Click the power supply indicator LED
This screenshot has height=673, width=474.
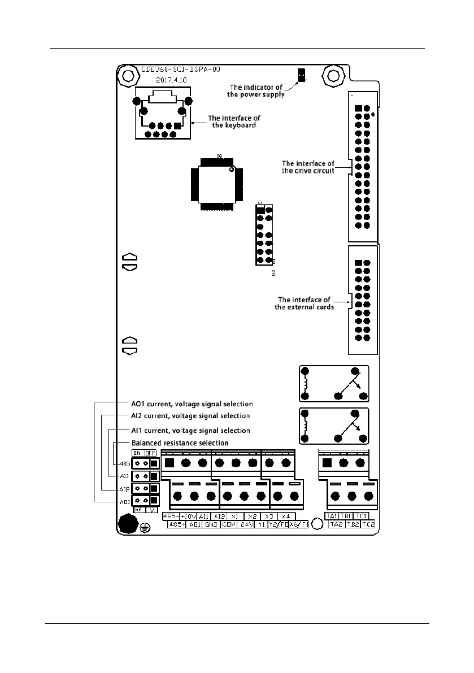(302, 74)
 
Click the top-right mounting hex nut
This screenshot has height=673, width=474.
(332, 74)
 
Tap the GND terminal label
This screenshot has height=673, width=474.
(211, 524)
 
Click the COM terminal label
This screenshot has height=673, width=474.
(228, 524)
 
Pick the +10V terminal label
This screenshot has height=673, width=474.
(188, 516)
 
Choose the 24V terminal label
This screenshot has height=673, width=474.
(245, 524)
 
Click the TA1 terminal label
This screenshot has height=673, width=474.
(331, 516)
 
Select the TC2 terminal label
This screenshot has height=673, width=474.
(368, 524)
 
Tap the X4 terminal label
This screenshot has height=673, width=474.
(286, 516)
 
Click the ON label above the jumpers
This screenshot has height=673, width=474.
(137, 453)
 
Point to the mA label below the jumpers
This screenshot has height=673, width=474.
(137, 509)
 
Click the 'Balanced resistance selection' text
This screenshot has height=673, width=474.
(180, 442)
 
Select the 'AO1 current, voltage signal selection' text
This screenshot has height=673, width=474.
(192, 404)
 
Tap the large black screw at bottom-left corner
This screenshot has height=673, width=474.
(127, 524)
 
